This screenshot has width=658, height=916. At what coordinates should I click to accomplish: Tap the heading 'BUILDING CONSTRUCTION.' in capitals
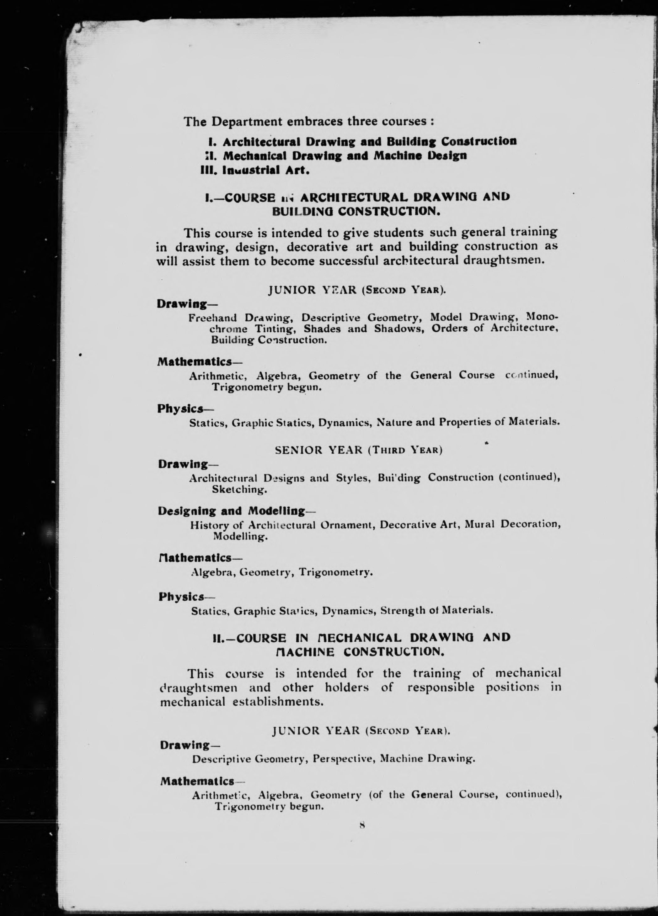click(x=356, y=211)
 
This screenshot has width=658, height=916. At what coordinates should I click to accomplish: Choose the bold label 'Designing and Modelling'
click(x=232, y=511)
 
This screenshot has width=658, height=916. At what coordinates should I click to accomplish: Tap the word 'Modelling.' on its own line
click(x=240, y=536)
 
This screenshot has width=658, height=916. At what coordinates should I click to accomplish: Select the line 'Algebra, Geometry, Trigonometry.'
click(x=281, y=572)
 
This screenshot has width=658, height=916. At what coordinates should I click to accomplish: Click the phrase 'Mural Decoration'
click(x=512, y=525)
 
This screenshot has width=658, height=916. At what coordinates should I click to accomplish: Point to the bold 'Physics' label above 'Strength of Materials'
click(x=181, y=597)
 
